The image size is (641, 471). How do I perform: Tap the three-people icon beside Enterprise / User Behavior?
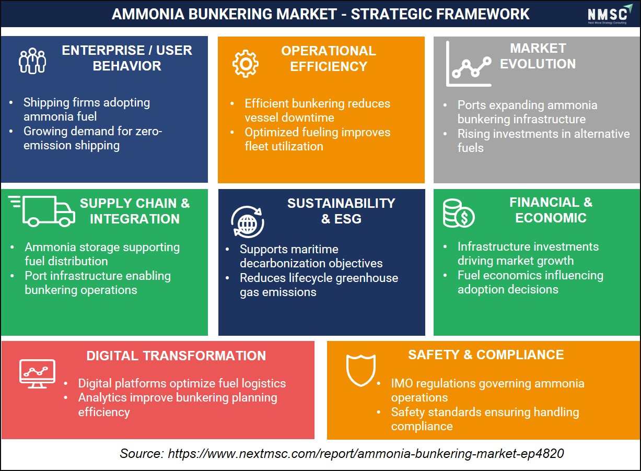tap(32, 61)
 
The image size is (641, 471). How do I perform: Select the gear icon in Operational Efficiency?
tap(245, 64)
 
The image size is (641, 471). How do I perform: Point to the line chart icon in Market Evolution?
tap(469, 64)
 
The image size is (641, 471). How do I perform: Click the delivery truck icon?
tap(42, 211)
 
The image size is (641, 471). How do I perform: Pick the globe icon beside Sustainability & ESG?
tap(248, 222)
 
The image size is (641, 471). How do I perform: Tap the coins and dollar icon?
tap(459, 214)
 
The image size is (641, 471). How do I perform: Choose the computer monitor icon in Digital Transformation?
tap(37, 374)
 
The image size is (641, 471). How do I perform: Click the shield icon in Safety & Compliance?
tap(360, 370)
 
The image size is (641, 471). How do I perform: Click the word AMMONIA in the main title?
tap(148, 14)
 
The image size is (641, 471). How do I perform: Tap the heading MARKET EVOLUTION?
tap(538, 56)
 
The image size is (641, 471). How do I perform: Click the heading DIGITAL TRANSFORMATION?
tap(176, 356)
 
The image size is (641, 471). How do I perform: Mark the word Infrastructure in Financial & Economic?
tap(495, 246)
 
